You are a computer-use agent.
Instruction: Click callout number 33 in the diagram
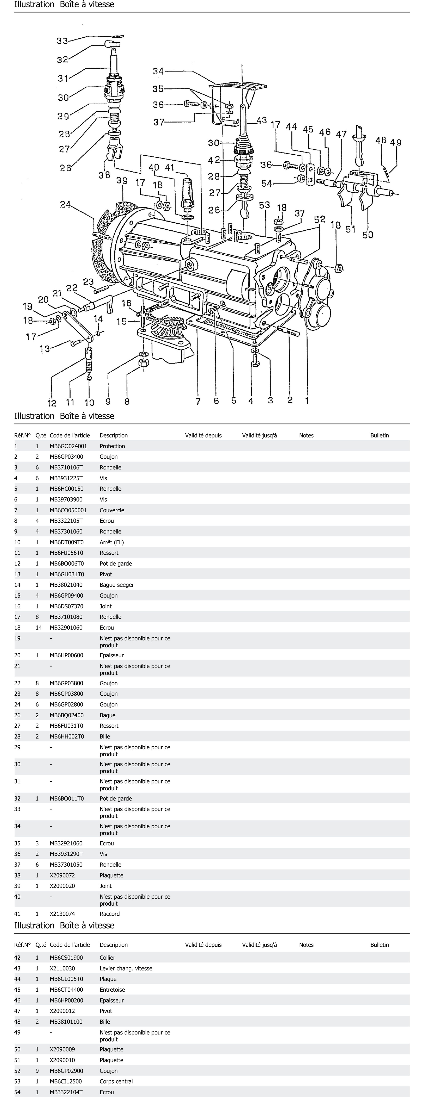coord(62,41)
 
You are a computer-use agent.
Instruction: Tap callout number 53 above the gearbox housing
coord(264,205)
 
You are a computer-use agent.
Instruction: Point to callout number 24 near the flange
coord(65,205)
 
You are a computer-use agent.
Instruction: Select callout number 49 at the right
coord(396,142)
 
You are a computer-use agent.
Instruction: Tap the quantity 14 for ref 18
coord(37,627)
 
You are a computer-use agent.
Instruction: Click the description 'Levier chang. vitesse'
coord(126,968)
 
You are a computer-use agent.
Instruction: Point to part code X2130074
coord(62,913)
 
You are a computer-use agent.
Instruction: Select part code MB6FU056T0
coord(66,553)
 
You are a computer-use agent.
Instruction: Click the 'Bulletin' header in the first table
coord(379,435)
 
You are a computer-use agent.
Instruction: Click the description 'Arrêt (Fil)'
coord(112,542)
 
